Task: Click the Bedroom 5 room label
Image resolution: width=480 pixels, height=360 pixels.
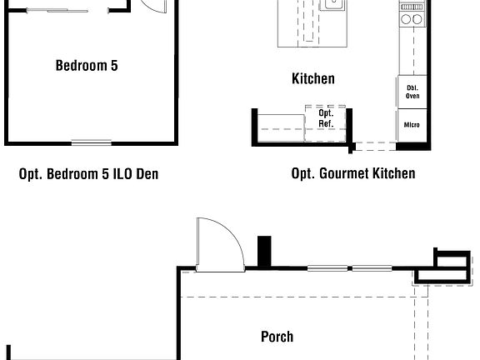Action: pyautogui.click(x=87, y=65)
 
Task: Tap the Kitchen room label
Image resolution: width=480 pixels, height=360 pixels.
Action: pyautogui.click(x=312, y=79)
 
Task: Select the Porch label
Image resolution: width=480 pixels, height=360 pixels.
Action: pyautogui.click(x=277, y=337)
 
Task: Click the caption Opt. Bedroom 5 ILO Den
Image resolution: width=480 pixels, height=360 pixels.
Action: pyautogui.click(x=88, y=174)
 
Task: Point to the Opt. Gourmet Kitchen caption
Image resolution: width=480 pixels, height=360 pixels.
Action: pyautogui.click(x=352, y=173)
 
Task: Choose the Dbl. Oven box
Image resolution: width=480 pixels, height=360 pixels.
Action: pyautogui.click(x=412, y=92)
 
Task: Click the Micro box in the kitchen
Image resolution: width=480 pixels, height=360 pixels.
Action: pyautogui.click(x=412, y=126)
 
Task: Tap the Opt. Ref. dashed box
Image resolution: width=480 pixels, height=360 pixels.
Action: pyautogui.click(x=326, y=119)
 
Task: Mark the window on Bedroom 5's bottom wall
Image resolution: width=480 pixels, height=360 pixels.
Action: pyautogui.click(x=91, y=142)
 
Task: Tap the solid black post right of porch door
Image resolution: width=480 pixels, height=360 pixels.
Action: pyautogui.click(x=264, y=252)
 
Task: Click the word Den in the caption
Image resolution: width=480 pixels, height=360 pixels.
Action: pyautogui.click(x=147, y=174)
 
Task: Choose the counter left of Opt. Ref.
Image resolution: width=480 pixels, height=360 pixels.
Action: pyautogui.click(x=279, y=125)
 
